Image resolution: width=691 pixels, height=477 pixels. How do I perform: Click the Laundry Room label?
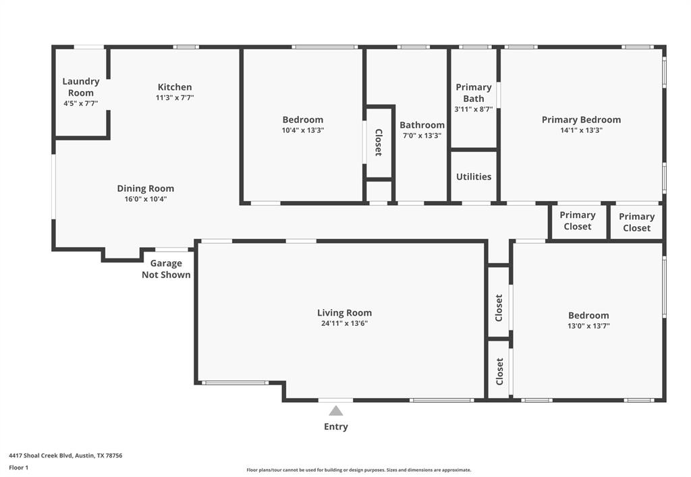pos(81,87)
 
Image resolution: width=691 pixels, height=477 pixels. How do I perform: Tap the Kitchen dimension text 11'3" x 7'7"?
pos(175,98)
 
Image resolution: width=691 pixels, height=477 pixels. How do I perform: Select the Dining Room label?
pos(146,188)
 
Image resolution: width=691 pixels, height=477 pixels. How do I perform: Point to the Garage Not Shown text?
pos(166,269)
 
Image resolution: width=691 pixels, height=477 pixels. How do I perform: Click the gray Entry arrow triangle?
pos(336,410)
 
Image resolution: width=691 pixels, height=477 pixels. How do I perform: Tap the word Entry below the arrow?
pos(336,426)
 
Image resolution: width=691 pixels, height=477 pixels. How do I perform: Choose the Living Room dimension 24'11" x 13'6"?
pos(344,324)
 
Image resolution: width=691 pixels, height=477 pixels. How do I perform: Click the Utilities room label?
pos(474,177)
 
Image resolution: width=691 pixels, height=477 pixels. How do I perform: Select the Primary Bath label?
pos(474,92)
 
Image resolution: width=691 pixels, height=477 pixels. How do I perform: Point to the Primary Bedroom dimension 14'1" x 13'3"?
pos(581,131)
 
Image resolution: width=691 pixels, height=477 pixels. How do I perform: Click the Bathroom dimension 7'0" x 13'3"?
pos(422,136)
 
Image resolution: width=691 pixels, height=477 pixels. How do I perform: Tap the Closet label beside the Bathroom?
pos(379,142)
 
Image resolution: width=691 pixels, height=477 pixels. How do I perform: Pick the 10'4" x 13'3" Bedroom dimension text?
pos(303,131)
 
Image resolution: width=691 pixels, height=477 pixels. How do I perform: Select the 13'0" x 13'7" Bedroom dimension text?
pos(588,327)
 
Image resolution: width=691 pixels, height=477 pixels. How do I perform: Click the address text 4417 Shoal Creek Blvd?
pos(65,455)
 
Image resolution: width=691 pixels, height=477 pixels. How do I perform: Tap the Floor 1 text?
pos(18,467)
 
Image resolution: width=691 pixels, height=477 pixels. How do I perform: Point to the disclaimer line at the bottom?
pos(358,470)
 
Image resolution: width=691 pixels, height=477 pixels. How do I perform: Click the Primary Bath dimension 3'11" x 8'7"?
pos(474,109)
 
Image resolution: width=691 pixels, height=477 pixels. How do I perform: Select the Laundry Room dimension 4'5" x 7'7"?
pos(81,104)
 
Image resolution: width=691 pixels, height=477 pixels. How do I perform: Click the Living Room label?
pos(344,312)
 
